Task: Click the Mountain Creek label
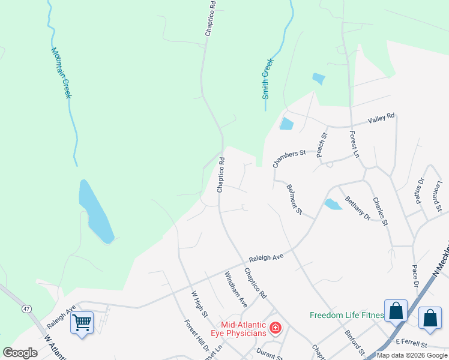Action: (x=61, y=73)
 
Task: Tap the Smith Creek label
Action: (x=267, y=79)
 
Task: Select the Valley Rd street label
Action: (x=382, y=118)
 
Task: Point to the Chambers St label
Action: (x=289, y=158)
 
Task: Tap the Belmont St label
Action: (x=294, y=200)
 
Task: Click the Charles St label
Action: (x=380, y=211)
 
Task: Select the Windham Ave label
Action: (x=235, y=289)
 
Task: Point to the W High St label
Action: (x=199, y=304)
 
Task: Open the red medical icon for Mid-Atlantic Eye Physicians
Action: (x=276, y=328)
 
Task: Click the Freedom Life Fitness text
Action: (x=346, y=315)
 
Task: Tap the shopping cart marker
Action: (x=82, y=322)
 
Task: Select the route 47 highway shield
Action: (x=26, y=308)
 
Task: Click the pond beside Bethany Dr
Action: (x=333, y=204)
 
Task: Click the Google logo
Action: (x=20, y=353)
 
